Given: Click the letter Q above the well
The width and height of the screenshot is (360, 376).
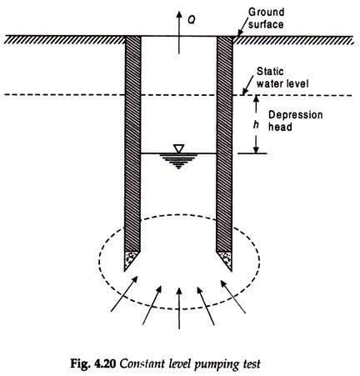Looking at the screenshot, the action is pos(191,19).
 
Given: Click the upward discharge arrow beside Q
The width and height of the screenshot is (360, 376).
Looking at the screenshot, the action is pos(179,33).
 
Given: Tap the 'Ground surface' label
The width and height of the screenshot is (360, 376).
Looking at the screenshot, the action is pos(266,18).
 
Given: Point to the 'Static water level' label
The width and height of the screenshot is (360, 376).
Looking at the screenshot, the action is pos(282,78).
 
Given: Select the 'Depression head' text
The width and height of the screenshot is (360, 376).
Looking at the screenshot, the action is pos(295,121).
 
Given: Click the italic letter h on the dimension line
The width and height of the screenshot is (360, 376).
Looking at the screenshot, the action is pos(256,125).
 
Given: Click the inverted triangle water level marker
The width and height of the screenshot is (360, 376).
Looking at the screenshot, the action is pos(178,148).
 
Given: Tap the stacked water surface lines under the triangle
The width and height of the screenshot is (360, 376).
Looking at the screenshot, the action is pos(178,161).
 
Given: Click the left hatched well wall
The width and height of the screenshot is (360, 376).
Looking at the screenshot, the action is pos(132,144).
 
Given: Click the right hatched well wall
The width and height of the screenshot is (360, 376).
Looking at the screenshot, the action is pos(224,144).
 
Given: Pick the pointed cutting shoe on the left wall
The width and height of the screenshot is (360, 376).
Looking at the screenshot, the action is pos(131,260).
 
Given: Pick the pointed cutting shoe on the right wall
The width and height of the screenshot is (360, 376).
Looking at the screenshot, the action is pos(225,260).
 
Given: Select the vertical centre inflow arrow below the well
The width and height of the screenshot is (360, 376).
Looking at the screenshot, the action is pos(179,308).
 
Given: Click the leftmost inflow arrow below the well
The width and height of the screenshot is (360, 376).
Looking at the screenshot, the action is pos(124,293).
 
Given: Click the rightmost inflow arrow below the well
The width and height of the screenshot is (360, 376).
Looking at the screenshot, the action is pos(233,297).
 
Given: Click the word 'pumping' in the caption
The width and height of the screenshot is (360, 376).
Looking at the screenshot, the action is pos(216,364).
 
